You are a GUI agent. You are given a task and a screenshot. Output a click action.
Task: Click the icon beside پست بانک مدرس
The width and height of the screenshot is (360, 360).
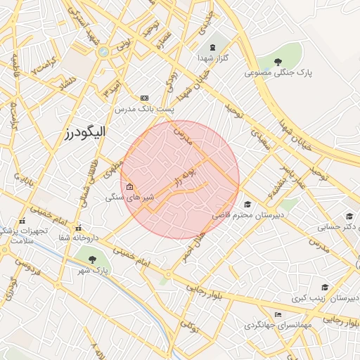(145, 98)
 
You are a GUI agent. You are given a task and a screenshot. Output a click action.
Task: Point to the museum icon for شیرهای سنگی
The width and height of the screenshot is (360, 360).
(129, 187)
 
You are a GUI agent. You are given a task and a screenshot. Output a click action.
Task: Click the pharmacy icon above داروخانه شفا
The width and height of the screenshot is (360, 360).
(77, 227)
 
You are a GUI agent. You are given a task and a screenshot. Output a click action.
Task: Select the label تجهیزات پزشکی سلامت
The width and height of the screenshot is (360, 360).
(24, 236)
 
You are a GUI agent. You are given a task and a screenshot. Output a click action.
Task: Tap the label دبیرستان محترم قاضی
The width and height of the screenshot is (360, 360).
(248, 214)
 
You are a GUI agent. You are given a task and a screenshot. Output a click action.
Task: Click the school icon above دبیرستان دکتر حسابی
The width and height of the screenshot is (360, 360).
(349, 217)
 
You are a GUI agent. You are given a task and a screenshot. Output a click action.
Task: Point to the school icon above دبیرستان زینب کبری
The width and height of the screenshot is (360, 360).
(325, 287)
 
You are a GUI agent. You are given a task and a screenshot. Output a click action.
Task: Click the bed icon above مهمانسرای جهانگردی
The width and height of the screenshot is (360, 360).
(278, 314)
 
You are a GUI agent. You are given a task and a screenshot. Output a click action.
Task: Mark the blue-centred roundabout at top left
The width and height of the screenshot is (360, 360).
(103, 51)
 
